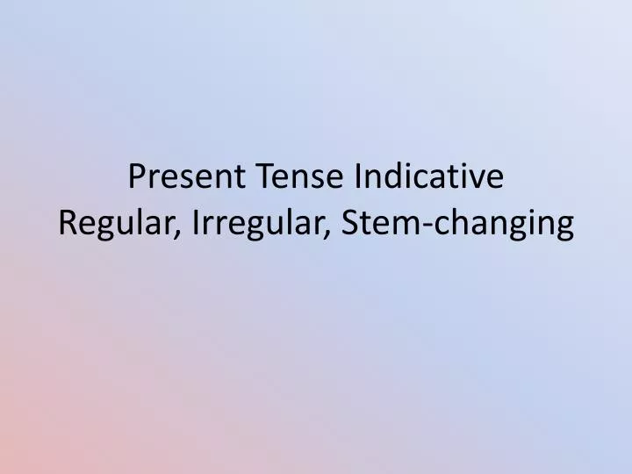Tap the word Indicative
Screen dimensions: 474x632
[429, 177]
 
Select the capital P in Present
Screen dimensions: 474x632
[138, 177]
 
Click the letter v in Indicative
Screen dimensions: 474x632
[478, 180]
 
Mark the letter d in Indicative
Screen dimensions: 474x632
[393, 177]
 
